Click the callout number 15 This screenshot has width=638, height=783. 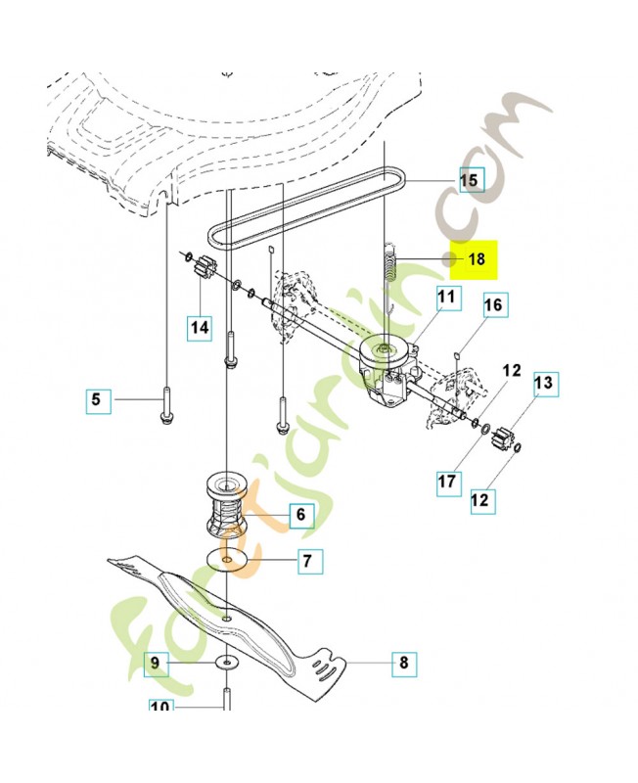[x=470, y=180]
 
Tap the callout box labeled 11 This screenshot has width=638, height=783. [x=446, y=297]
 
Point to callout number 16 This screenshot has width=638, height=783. [x=493, y=305]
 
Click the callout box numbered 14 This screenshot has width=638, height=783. [x=200, y=328]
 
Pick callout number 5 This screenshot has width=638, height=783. [x=96, y=399]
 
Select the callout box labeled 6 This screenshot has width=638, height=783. [x=299, y=514]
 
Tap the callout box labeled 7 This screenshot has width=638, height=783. [x=307, y=562]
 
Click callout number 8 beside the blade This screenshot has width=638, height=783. [x=402, y=663]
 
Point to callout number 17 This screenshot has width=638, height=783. [x=447, y=482]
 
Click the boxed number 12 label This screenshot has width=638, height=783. [x=479, y=501]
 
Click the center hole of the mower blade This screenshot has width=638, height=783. [x=227, y=619]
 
